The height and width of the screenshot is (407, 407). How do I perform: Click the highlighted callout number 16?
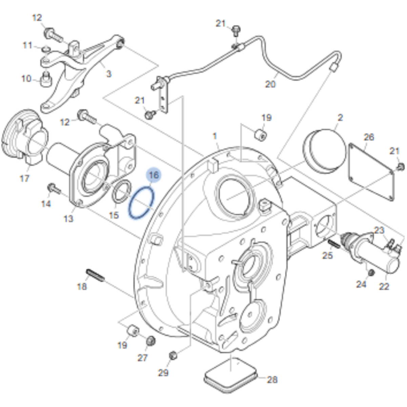tap(154, 175)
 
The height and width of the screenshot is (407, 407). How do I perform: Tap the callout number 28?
tap(272, 380)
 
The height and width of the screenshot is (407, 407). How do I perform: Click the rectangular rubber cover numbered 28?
tap(231, 374)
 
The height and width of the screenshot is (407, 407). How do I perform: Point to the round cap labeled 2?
tap(324, 151)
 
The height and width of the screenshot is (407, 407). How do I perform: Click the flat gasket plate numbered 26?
tap(371, 172)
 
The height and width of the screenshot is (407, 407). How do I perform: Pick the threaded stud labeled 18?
tap(95, 276)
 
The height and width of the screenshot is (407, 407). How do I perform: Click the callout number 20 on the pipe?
tap(270, 84)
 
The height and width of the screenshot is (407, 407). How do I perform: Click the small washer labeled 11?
tap(46, 49)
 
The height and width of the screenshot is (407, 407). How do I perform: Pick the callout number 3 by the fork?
tap(108, 74)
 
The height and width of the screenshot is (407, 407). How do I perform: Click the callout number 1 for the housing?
tap(215, 136)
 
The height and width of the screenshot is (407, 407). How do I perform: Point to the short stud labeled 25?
tap(334, 244)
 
